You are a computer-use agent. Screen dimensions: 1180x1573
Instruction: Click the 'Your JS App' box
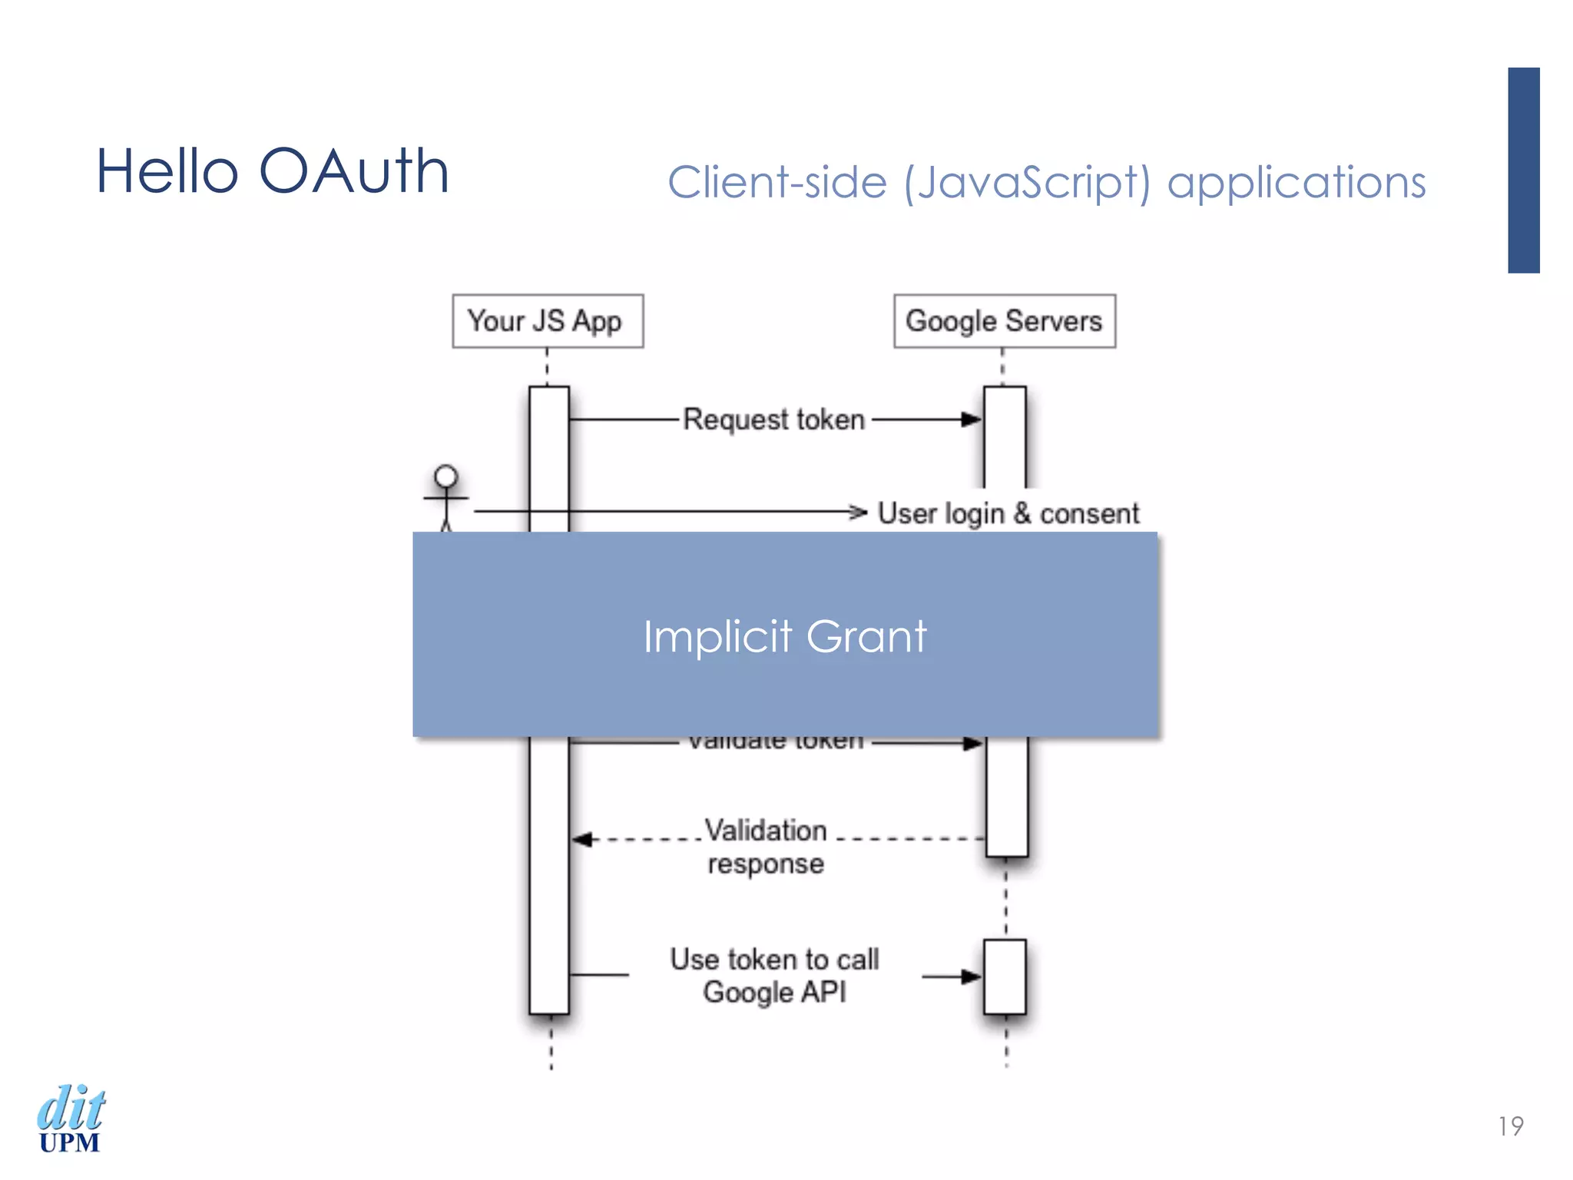[547, 321]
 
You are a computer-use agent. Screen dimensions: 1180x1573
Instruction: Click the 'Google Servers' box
[1004, 321]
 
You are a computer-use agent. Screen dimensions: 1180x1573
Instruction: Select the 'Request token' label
[774, 420]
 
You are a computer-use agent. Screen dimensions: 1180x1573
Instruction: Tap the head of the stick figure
[445, 476]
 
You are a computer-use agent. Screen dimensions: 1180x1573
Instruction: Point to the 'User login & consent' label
[1008, 513]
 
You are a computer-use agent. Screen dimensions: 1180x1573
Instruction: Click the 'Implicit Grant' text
[785, 636]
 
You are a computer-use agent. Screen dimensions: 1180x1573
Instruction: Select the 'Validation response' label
[766, 847]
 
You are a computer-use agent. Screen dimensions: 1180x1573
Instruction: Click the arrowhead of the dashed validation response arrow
[582, 839]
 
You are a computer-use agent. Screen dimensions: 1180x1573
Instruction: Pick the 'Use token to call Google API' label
[774, 976]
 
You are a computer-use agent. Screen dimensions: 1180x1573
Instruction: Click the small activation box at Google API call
[1005, 976]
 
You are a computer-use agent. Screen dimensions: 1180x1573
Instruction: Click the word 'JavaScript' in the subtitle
[1028, 183]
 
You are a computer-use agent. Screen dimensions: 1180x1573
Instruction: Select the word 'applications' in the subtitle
[1296, 183]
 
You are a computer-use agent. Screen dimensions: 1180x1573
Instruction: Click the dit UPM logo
[71, 1119]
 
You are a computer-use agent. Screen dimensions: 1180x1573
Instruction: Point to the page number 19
[1510, 1126]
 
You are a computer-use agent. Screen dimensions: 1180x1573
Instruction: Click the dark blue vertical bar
[1523, 170]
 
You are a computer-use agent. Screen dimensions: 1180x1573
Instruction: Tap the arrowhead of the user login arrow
[859, 512]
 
